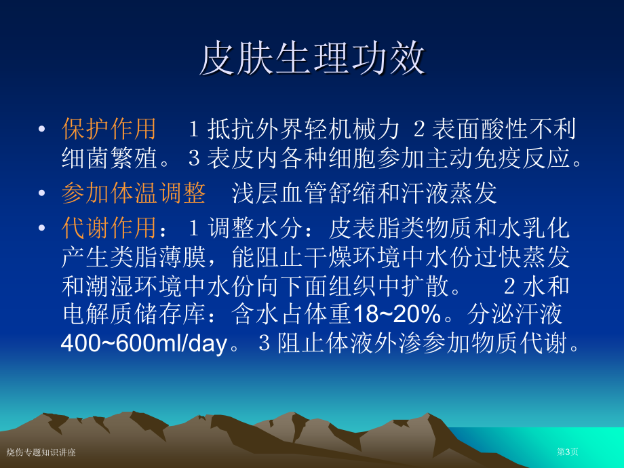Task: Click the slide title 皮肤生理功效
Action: tap(313, 58)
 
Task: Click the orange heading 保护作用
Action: tap(109, 129)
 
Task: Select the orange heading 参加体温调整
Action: tap(134, 193)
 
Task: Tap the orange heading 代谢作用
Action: tap(109, 228)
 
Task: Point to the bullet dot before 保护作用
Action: tap(41, 129)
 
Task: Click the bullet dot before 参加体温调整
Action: tap(41, 193)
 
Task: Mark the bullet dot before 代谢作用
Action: tap(41, 228)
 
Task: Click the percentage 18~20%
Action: tap(397, 313)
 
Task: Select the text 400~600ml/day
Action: tap(144, 343)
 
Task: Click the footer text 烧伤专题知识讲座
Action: tap(41, 452)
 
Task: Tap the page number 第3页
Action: tap(568, 452)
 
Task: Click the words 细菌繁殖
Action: tap(110, 158)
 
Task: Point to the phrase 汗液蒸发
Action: tap(449, 193)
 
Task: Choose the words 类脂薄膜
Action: tap(158, 257)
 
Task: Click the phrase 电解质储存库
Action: tap(134, 313)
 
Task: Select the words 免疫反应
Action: tap(522, 158)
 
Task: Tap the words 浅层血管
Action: tap(279, 193)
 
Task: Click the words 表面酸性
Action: tap(480, 129)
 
